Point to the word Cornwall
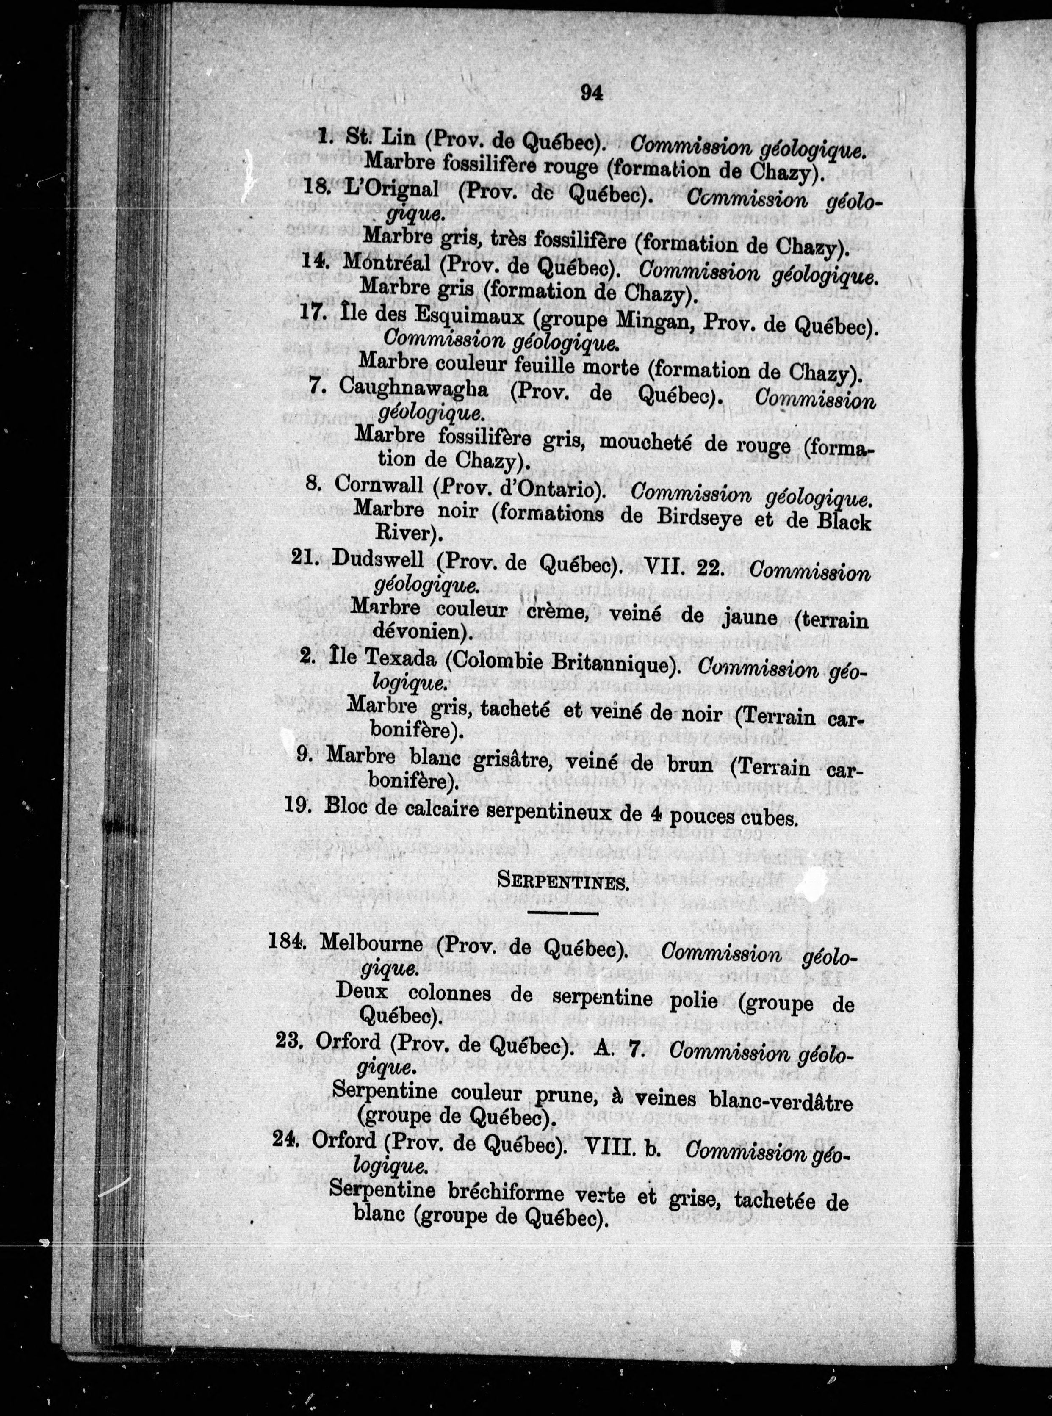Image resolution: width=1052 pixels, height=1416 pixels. click(x=379, y=486)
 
